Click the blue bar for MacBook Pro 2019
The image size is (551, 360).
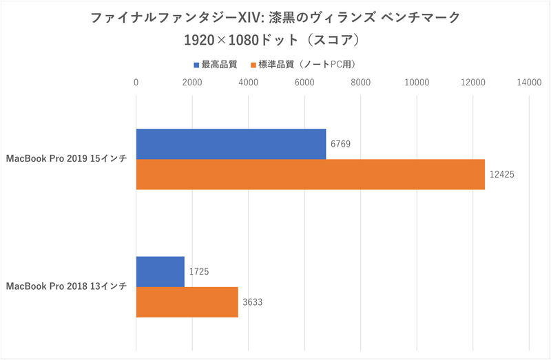point(231,144)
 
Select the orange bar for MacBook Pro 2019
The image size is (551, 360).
point(310,174)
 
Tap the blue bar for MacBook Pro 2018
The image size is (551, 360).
point(160,271)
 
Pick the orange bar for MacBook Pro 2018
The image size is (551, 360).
point(187,302)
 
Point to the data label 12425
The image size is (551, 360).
point(503,175)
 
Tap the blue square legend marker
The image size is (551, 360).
point(196,65)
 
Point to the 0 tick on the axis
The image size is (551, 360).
point(136,83)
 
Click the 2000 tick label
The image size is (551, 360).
point(192,83)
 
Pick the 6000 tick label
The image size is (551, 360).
point(304,83)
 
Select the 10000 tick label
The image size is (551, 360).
point(416,83)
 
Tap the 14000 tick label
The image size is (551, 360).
point(528,83)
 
